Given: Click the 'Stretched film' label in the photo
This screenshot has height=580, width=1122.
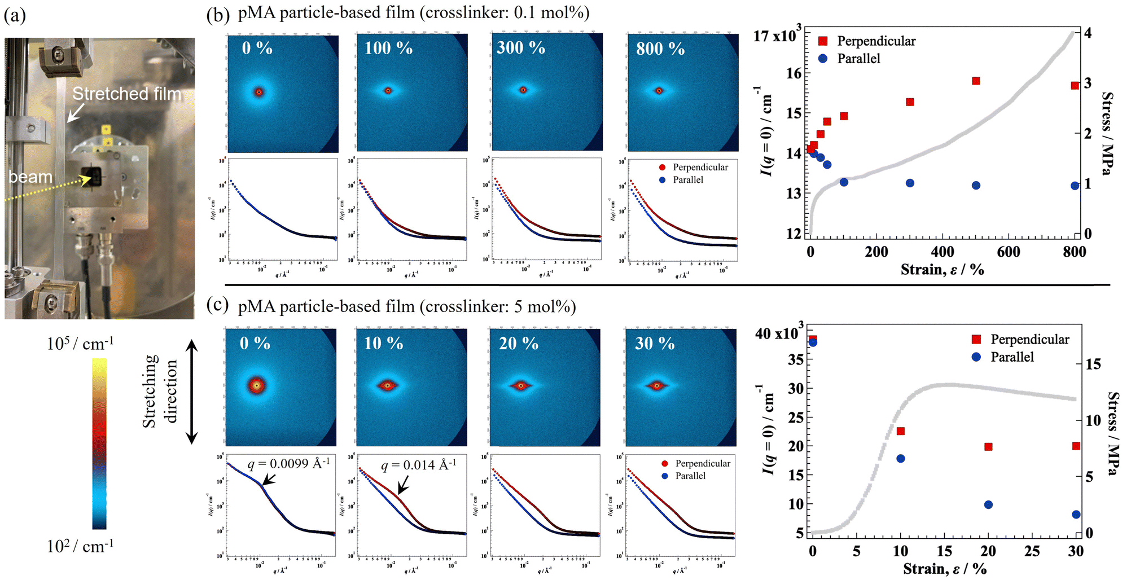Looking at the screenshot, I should point(127,94).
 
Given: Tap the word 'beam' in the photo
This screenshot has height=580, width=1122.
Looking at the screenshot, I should point(30,177).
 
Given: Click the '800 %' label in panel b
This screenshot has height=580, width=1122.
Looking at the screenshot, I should point(660,49).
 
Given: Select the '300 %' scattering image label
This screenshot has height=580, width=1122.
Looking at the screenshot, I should point(520,48).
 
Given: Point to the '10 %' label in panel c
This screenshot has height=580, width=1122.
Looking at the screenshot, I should point(383,343).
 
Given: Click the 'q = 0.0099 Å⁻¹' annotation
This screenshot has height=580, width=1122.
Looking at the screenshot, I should point(288,464).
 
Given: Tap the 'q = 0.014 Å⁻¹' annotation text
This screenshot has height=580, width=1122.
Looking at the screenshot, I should point(418,465).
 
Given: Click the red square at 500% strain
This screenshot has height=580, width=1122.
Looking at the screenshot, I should point(976,81).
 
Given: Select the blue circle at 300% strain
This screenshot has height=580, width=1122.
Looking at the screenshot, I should point(910,183).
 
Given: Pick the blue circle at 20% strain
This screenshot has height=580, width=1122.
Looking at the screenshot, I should point(988,505).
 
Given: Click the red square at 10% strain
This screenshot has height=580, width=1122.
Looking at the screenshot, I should point(901,432).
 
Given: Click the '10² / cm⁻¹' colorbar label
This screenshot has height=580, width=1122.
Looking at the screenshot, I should point(80,546).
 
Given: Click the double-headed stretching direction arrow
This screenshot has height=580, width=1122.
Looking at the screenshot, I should point(192,391).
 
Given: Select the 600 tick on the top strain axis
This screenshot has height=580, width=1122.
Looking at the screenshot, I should point(1008,252).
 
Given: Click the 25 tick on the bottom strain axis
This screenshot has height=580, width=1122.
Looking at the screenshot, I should point(1032,551).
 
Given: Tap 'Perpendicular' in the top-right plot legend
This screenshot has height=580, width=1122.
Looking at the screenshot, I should point(876,41).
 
